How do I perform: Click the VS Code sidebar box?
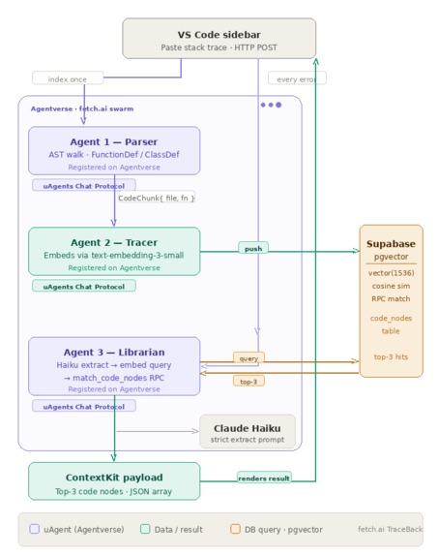[x=219, y=39]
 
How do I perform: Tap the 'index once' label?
[x=67, y=77]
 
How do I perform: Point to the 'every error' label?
[x=297, y=77]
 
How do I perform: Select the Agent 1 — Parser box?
[x=114, y=150]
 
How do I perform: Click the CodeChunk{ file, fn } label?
[x=157, y=198]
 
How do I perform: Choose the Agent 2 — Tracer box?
[x=114, y=251]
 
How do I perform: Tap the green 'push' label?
[x=253, y=248]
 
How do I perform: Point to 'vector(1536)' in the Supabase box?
[x=391, y=272]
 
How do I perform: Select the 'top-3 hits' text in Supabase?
[x=391, y=357]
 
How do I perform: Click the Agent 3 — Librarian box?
[x=114, y=365]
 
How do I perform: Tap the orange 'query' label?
[x=248, y=358]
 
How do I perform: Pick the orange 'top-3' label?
[x=248, y=382]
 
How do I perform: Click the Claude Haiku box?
[x=248, y=431]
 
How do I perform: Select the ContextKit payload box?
[x=114, y=480]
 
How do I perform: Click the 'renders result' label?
[x=264, y=478]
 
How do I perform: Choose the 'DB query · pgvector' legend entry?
[x=276, y=530]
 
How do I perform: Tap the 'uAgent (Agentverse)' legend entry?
[x=77, y=530]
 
